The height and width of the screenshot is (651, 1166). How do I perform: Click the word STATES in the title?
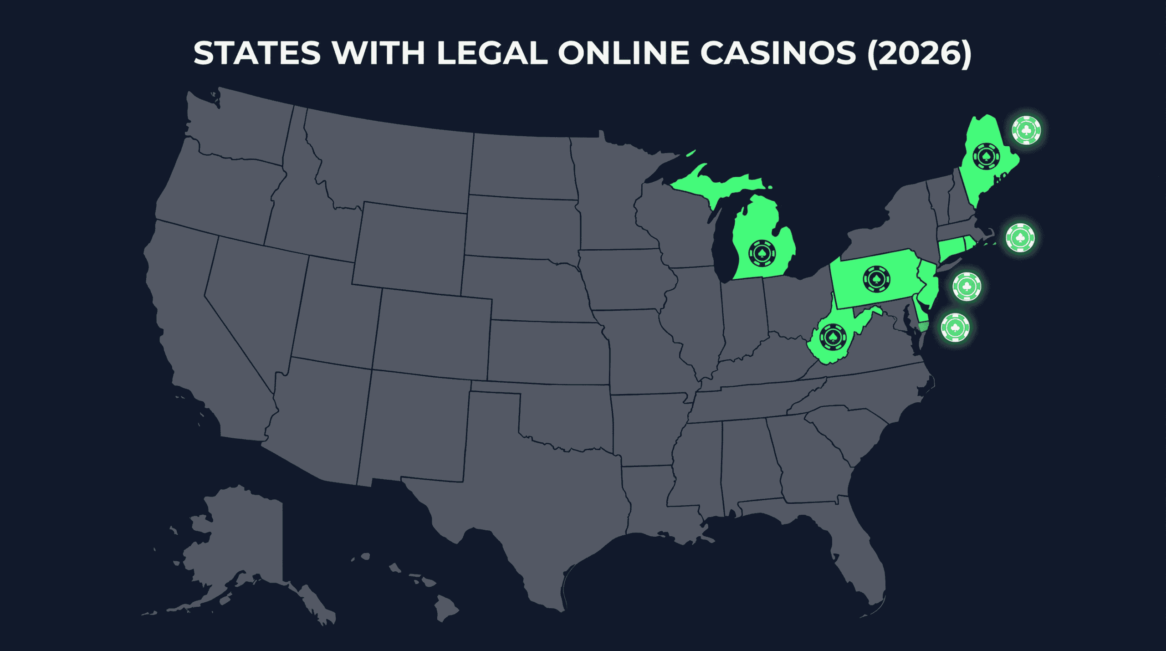coord(257,54)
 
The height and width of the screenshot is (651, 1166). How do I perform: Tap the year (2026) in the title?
coord(919,54)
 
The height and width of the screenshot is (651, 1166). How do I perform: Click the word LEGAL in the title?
coord(492,54)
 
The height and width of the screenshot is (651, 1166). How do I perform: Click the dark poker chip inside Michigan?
coord(762,253)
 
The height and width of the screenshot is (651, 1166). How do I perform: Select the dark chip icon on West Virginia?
coord(833,337)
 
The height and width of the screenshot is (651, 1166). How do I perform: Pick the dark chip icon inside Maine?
coord(986,157)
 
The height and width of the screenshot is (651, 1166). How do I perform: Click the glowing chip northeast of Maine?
coord(1026,130)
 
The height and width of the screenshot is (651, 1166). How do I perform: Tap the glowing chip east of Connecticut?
coord(1020,238)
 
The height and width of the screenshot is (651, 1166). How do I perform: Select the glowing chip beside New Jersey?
coord(967,287)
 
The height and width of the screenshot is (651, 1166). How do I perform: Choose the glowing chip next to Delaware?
coord(955,328)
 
